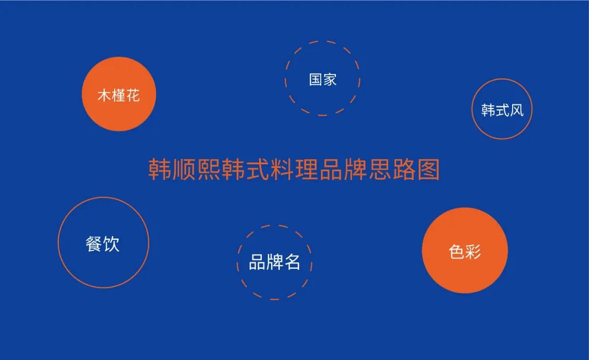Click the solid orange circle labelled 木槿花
click(119, 94)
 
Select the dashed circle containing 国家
click(322, 79)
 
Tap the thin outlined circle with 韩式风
click(502, 109)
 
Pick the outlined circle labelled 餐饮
click(103, 243)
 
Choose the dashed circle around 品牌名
click(274, 262)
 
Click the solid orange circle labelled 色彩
click(465, 251)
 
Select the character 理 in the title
click(306, 170)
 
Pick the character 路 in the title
click(403, 170)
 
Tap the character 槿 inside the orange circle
click(119, 96)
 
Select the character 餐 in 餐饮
click(94, 243)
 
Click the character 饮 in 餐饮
click(111, 243)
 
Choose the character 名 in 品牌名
click(292, 262)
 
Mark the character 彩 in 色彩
click(473, 252)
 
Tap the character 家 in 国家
click(330, 80)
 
